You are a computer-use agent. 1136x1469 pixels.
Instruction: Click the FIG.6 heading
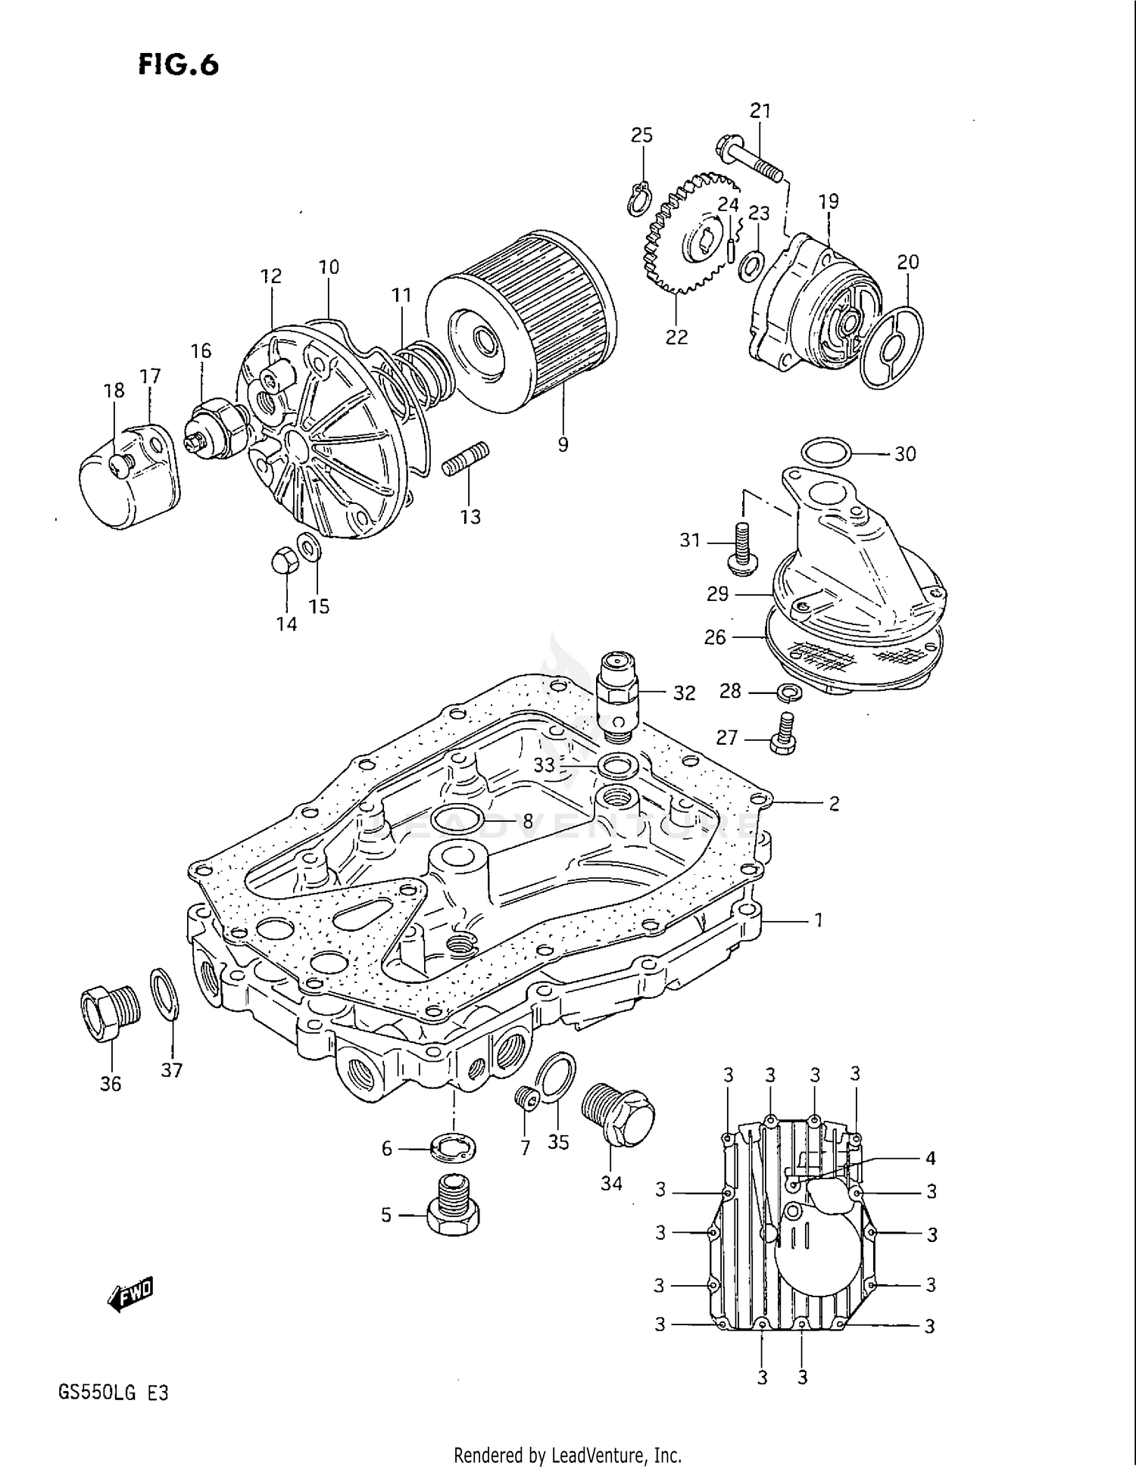(179, 65)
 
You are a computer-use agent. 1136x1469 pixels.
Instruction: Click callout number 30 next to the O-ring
(905, 454)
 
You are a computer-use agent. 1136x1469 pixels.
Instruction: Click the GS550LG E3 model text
(112, 1393)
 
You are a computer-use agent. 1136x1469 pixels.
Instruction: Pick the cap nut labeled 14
(282, 562)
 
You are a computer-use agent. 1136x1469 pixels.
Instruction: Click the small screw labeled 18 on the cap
(119, 459)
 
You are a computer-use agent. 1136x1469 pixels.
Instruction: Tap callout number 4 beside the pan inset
(930, 1158)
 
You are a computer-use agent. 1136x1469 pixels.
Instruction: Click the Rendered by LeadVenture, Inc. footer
(567, 1455)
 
